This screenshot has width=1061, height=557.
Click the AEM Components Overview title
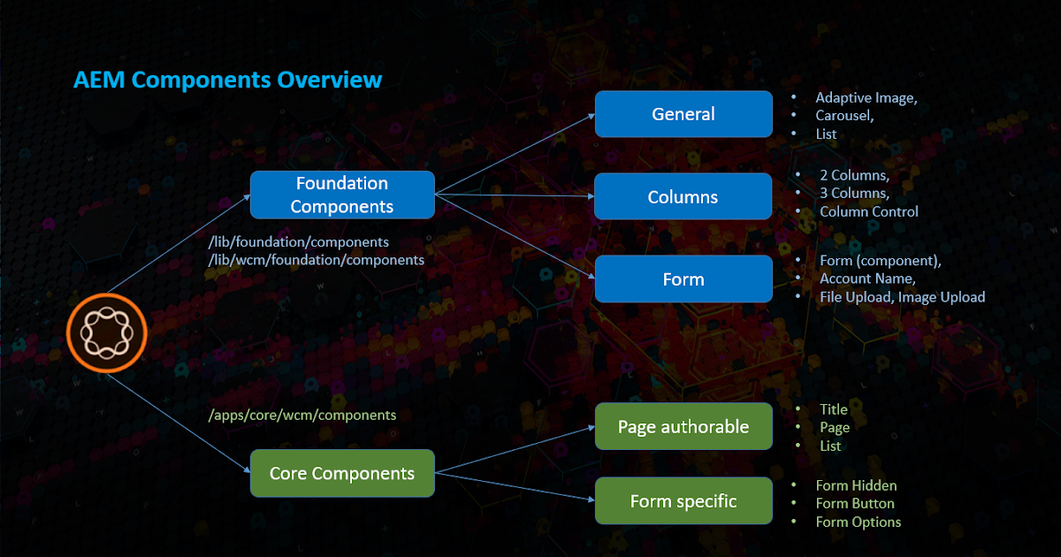(x=227, y=80)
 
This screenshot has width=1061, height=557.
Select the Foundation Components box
(x=342, y=195)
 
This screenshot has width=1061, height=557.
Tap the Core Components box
(x=342, y=473)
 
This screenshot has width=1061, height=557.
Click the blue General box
(x=683, y=114)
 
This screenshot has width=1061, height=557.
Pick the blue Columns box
(x=683, y=196)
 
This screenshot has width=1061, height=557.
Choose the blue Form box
(x=683, y=279)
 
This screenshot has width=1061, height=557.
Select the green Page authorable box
(x=683, y=427)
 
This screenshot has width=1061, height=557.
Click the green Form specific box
(x=683, y=501)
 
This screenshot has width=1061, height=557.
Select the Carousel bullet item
(x=844, y=116)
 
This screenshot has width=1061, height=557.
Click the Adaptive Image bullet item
(x=866, y=97)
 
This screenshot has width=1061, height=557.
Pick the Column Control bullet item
(x=868, y=211)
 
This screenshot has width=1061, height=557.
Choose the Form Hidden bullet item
(x=855, y=485)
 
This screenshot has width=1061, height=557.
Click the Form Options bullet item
(x=858, y=522)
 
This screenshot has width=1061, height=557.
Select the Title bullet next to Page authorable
(x=833, y=409)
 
